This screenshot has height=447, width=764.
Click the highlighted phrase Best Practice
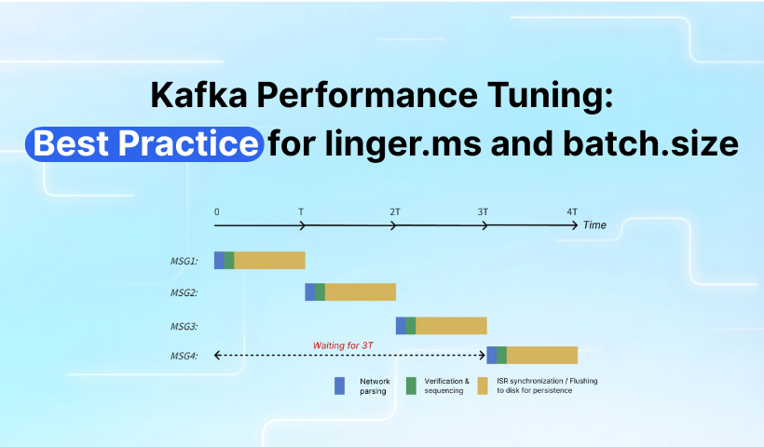tap(144, 144)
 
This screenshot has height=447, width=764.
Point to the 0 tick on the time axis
tap(217, 211)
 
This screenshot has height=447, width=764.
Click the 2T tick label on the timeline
tap(395, 211)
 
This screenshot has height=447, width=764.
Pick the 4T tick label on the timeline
tap(572, 211)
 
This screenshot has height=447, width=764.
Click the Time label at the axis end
tap(594, 225)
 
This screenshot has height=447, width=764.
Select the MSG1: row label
tap(183, 261)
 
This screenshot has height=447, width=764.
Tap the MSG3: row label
tap(183, 326)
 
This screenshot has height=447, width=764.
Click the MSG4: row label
tap(183, 356)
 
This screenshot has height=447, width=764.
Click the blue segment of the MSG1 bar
tap(219, 260)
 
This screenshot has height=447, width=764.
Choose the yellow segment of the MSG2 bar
tap(360, 292)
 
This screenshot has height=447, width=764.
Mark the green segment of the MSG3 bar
tap(411, 325)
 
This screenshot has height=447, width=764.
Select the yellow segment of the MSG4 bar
tap(541, 355)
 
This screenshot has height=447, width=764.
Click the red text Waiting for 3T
tap(345, 345)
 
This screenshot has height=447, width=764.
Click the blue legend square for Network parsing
tap(340, 385)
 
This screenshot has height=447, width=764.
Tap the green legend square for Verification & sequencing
tap(411, 385)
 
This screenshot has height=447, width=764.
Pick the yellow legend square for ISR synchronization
tap(483, 385)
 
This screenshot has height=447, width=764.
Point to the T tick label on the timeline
tap(301, 211)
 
